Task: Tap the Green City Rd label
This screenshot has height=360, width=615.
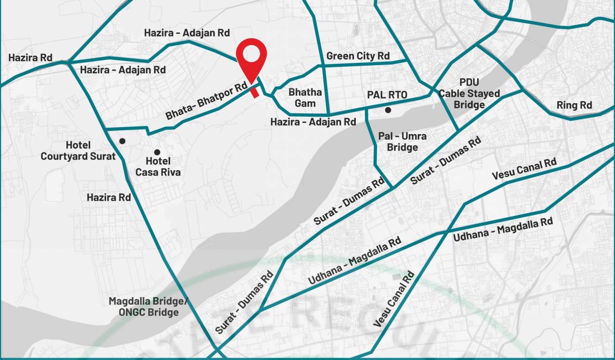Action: point(358,56)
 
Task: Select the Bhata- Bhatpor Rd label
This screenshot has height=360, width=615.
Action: point(206,101)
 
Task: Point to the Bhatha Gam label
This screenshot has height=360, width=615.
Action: point(305,97)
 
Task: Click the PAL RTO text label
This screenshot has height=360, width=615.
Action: point(387,95)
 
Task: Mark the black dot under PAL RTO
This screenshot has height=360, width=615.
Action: point(388,110)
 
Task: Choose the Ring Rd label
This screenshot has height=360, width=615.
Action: point(574,105)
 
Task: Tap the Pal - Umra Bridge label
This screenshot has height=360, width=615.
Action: point(403,142)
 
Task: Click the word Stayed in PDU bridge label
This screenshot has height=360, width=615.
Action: point(483,94)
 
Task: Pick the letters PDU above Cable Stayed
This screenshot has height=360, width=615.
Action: point(469,82)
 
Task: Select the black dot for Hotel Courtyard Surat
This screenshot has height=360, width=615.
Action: point(122,141)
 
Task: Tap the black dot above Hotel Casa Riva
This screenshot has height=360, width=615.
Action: point(157,152)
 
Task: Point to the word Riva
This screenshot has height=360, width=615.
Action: point(169,172)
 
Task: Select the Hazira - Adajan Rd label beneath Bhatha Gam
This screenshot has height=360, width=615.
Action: point(313,122)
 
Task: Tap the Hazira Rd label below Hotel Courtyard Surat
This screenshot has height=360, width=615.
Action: point(109,197)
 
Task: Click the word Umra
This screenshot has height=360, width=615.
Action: point(413,136)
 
